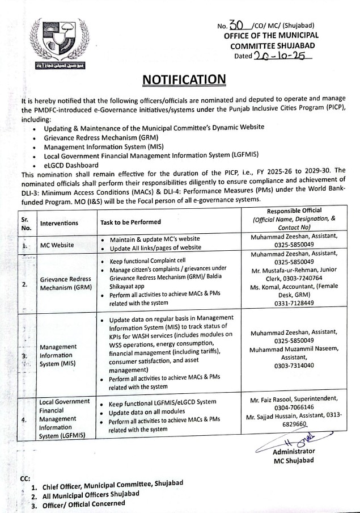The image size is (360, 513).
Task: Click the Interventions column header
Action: [x=59, y=223]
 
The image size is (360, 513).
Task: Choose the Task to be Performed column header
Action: [x=130, y=222]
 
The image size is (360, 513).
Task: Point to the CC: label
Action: [x=26, y=478]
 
